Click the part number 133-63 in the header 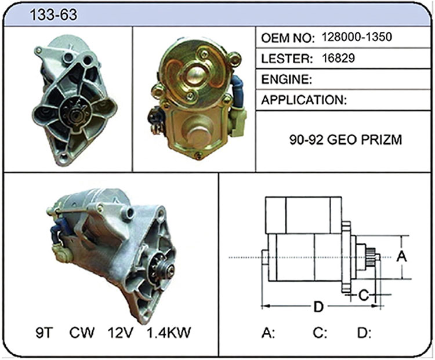click(x=53, y=14)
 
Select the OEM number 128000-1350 click(x=357, y=37)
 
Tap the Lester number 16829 click(x=338, y=58)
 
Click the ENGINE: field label click(x=287, y=79)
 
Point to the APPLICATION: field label click(x=304, y=100)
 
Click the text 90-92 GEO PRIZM click(x=346, y=140)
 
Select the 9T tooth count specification click(x=44, y=332)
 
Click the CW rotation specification click(x=82, y=332)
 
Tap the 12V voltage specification click(x=121, y=332)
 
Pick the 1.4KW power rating click(x=169, y=332)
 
